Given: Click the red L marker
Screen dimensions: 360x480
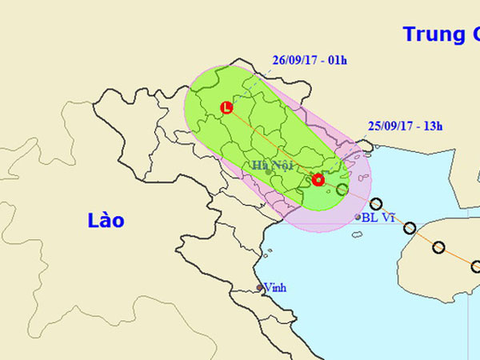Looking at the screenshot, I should click(x=226, y=107).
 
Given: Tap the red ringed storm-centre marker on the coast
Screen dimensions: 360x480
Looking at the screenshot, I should click(x=318, y=180).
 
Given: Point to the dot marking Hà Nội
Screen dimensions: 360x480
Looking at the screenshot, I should click(x=268, y=173).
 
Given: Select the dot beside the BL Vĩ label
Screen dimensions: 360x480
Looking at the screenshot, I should click(x=358, y=217).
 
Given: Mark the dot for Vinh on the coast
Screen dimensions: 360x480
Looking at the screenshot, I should click(x=259, y=288).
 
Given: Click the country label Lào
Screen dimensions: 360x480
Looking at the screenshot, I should click(x=106, y=220).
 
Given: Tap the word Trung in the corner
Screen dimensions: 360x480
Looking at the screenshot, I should click(x=432, y=34).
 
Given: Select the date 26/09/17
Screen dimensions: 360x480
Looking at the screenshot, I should click(x=295, y=60).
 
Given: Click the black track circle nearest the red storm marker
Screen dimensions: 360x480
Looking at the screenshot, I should click(x=342, y=190).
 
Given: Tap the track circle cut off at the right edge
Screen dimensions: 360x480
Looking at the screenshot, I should click(x=475, y=266).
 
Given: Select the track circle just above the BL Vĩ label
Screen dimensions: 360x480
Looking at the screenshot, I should click(x=377, y=204).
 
